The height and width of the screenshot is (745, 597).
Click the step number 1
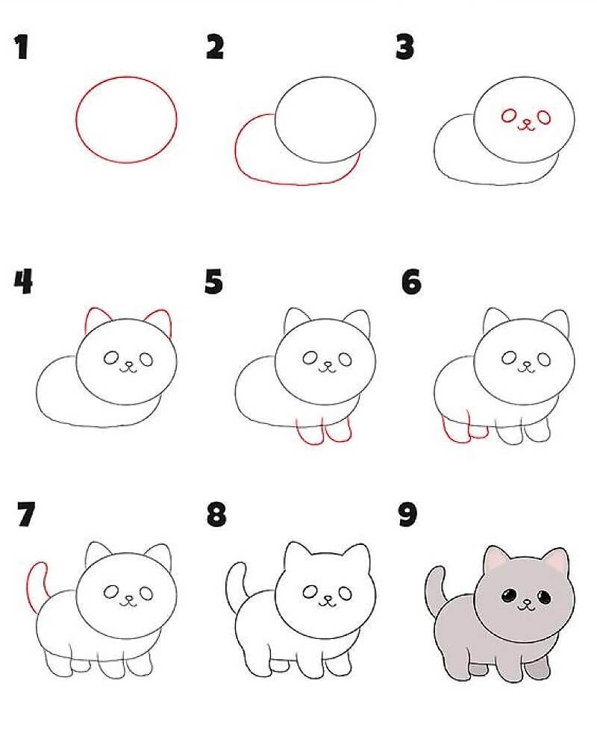22,48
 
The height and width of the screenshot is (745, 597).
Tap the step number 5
213,281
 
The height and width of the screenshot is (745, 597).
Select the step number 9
408,514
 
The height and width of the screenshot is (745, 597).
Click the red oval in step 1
76,119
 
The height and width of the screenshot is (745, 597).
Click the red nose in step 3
526,125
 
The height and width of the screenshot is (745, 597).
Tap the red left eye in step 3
509,116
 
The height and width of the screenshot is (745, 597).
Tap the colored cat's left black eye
509,594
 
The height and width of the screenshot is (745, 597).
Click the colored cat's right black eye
544,596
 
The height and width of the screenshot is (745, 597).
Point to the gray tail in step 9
434,589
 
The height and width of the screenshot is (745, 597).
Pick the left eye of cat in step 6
510,358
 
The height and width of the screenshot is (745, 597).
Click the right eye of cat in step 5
346,360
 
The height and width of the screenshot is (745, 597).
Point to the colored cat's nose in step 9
526,602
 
